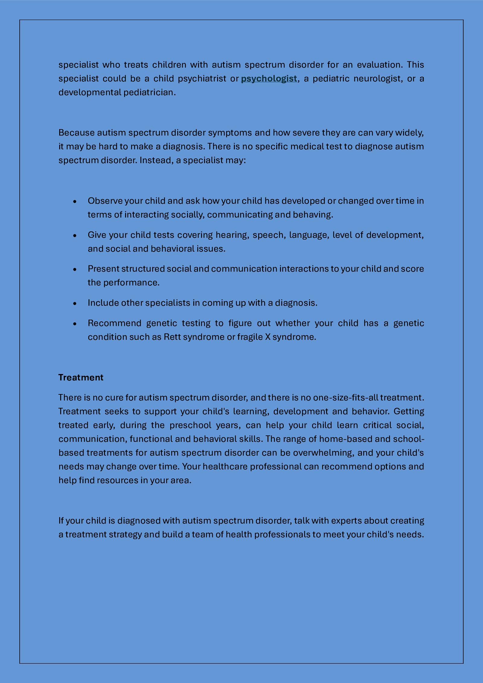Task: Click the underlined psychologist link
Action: click(x=269, y=78)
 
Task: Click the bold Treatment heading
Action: click(x=81, y=377)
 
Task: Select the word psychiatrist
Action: click(x=202, y=78)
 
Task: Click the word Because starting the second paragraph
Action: click(x=76, y=132)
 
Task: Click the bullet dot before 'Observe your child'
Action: click(x=75, y=201)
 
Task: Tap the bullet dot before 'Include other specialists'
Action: click(x=75, y=303)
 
